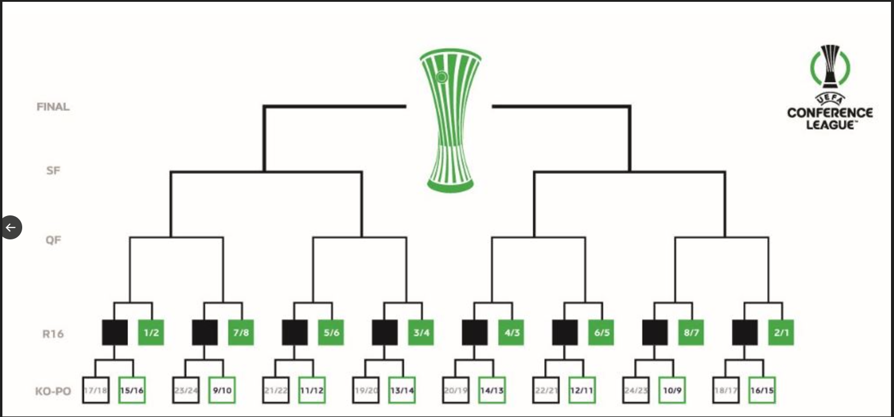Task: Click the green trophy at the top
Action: point(451,120)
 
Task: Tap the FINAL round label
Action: point(53,107)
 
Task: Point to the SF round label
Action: point(53,170)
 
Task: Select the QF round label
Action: point(53,239)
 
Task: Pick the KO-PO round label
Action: point(53,392)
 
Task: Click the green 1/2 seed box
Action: point(151,333)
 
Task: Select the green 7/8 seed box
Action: point(241,333)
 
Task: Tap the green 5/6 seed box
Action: point(331,333)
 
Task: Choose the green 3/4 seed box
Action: point(421,333)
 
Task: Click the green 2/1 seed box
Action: point(781,333)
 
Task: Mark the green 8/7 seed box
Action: point(691,333)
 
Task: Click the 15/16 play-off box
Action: point(132,390)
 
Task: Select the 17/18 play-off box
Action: point(96,390)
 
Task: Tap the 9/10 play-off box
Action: point(222,390)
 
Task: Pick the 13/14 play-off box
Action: point(402,390)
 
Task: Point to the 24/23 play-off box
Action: point(635,390)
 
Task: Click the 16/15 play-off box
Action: point(762,390)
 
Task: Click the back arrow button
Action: point(11,227)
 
